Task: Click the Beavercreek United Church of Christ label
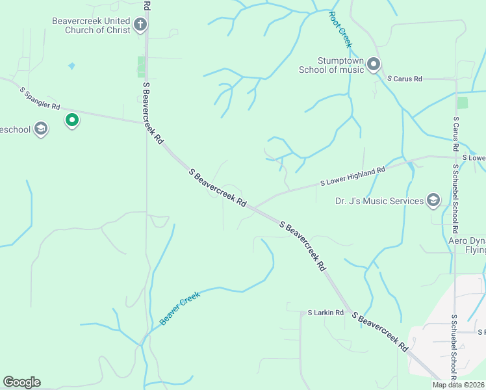point(91,25)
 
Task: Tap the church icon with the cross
point(140,25)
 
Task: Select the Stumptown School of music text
point(331,65)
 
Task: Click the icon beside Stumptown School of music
point(374,64)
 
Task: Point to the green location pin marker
point(72,120)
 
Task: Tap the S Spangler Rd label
point(40,97)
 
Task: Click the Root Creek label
point(340,29)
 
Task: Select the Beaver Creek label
point(180,309)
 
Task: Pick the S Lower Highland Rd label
point(353,176)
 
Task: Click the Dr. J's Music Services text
point(379,201)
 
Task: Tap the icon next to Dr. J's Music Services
point(433,201)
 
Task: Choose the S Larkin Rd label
point(326,313)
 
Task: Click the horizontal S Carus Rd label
point(405,79)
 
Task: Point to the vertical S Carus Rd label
point(457,134)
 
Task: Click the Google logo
point(21,382)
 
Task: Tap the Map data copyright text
point(458,385)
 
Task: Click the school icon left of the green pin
point(41,129)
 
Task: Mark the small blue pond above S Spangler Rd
point(71,66)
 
